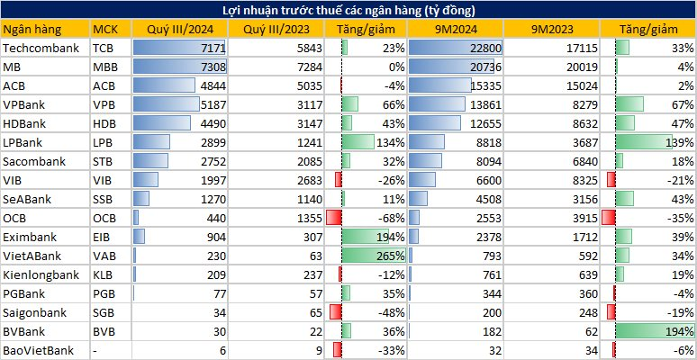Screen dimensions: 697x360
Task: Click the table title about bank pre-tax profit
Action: [x=348, y=10]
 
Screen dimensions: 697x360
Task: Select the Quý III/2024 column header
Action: [x=180, y=30]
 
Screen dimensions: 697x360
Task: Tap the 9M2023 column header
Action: [x=552, y=30]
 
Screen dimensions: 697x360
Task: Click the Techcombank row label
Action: [x=41, y=48]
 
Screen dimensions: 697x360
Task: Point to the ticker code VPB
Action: [x=104, y=105]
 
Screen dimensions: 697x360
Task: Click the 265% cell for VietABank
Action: [x=392, y=256]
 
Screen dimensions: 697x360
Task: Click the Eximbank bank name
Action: [x=30, y=238]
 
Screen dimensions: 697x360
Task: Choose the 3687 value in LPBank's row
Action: [x=585, y=143]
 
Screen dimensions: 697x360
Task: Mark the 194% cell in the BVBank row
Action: [x=680, y=331]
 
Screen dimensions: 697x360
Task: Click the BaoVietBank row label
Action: [x=38, y=351]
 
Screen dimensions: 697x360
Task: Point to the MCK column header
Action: [x=104, y=30]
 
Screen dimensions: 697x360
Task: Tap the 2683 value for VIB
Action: [x=309, y=180]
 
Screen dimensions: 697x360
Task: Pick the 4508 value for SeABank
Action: [x=488, y=200]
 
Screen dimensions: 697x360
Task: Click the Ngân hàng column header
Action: [x=32, y=30]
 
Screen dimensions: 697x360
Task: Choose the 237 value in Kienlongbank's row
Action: [x=312, y=275]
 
